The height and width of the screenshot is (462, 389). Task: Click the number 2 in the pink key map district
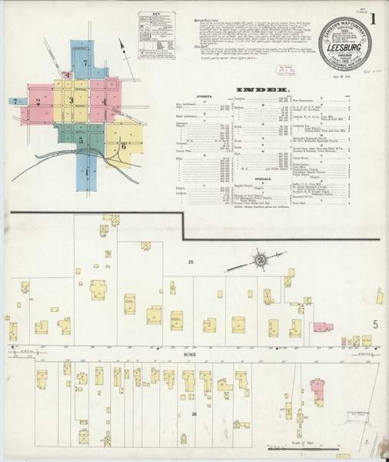(38, 101)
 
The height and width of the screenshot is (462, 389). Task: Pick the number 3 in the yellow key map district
(71, 100)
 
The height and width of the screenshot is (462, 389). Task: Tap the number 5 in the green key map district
(80, 140)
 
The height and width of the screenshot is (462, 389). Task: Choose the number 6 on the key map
(122, 146)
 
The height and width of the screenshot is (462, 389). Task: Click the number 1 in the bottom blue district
(85, 177)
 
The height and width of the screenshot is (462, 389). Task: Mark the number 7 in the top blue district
(85, 62)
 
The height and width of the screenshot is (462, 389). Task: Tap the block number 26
(194, 415)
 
